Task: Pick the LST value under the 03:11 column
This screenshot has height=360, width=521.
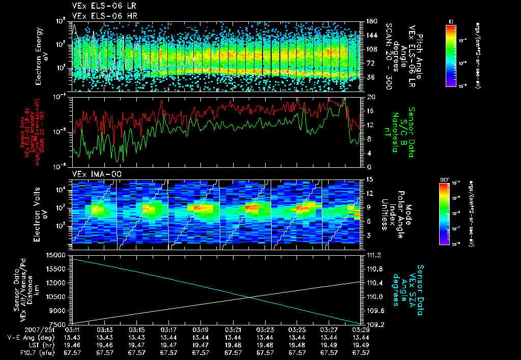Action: point(72,344)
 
